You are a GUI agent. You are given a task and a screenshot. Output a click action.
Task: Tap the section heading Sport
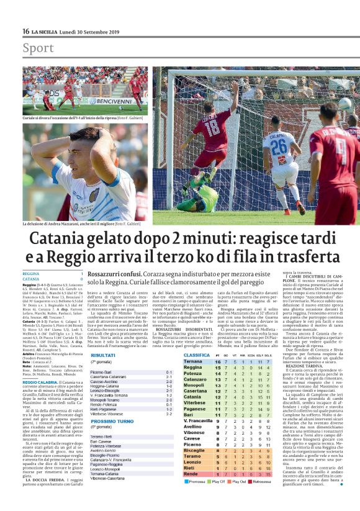pyautogui.click(x=38, y=48)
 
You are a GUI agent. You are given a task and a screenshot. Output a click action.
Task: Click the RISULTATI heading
pyautogui.click(x=103, y=355)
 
